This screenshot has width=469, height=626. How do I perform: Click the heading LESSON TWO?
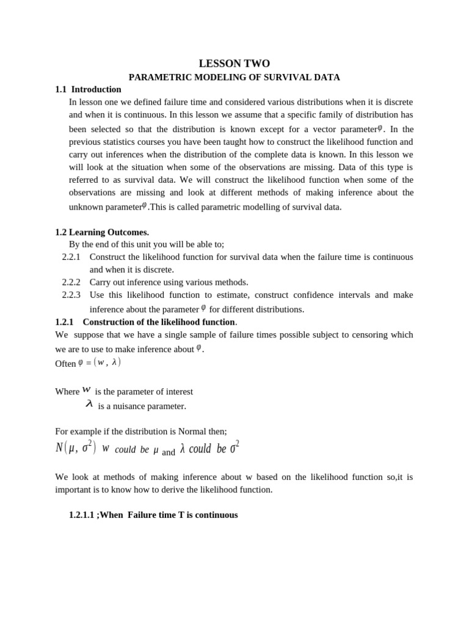click(234, 64)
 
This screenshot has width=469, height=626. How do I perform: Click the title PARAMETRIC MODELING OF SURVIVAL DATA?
click(234, 78)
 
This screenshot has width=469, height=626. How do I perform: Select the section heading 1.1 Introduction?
click(88, 90)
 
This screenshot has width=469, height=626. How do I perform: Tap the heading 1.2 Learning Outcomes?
click(101, 232)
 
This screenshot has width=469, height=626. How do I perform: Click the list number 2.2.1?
click(71, 257)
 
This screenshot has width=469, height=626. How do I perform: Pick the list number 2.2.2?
click(71, 282)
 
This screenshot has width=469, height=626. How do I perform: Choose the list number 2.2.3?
click(71, 295)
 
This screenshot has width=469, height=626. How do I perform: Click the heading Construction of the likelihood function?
click(159, 322)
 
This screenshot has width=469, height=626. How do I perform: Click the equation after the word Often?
click(100, 363)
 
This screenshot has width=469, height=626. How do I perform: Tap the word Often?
click(65, 364)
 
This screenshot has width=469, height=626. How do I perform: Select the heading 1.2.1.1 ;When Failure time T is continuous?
click(153, 515)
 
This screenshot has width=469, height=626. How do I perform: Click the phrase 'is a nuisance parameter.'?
click(142, 407)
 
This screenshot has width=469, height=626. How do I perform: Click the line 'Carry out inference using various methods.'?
click(169, 282)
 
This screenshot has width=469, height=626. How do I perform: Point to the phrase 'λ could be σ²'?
click(209, 449)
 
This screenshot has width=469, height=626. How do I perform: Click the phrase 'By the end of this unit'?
click(117, 245)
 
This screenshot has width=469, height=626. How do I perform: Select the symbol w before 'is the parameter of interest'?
click(87, 390)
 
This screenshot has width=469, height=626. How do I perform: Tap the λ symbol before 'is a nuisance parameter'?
click(89, 404)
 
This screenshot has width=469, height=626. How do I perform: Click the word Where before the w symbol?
click(67, 392)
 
